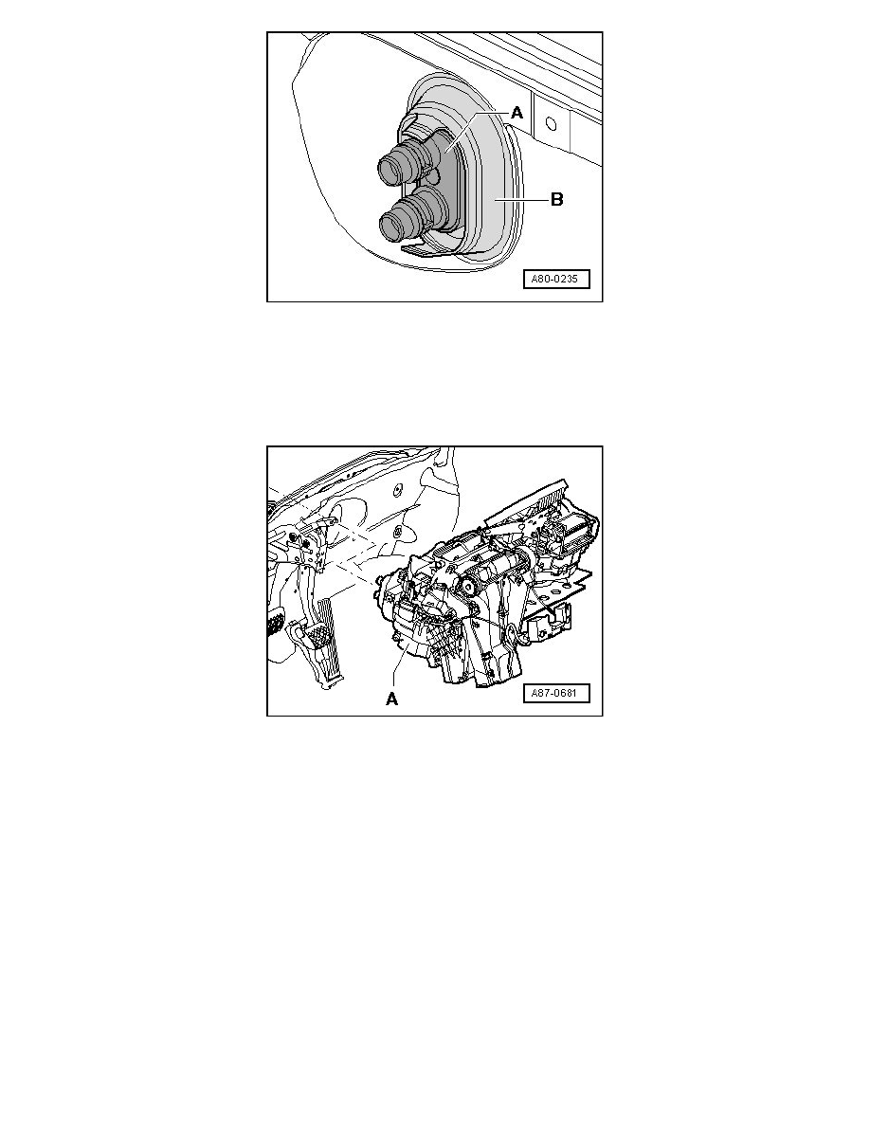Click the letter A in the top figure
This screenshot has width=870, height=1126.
click(x=517, y=112)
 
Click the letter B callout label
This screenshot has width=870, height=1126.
click(x=557, y=200)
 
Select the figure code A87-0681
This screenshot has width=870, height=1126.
click(x=556, y=694)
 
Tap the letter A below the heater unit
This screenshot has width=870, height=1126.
click(x=390, y=700)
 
